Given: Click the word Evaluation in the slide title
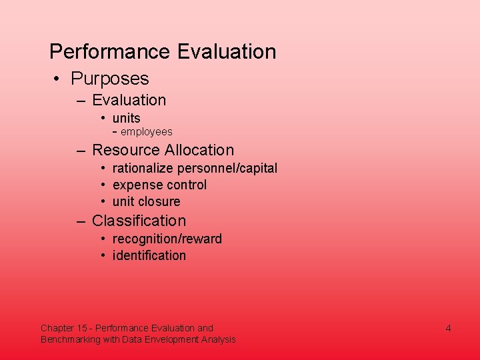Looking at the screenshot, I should click(227, 52).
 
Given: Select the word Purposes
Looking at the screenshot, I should click(110, 79).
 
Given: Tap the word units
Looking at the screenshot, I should click(127, 118).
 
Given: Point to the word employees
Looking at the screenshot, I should click(147, 132).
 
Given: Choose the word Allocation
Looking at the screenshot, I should click(199, 150).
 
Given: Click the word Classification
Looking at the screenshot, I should click(139, 221).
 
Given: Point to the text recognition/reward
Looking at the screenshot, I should click(167, 239).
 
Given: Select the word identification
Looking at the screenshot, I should click(149, 255).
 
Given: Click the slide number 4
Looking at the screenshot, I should click(449, 328).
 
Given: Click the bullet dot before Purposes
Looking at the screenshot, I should click(59, 79).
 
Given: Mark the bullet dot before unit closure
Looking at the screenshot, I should click(105, 202).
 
